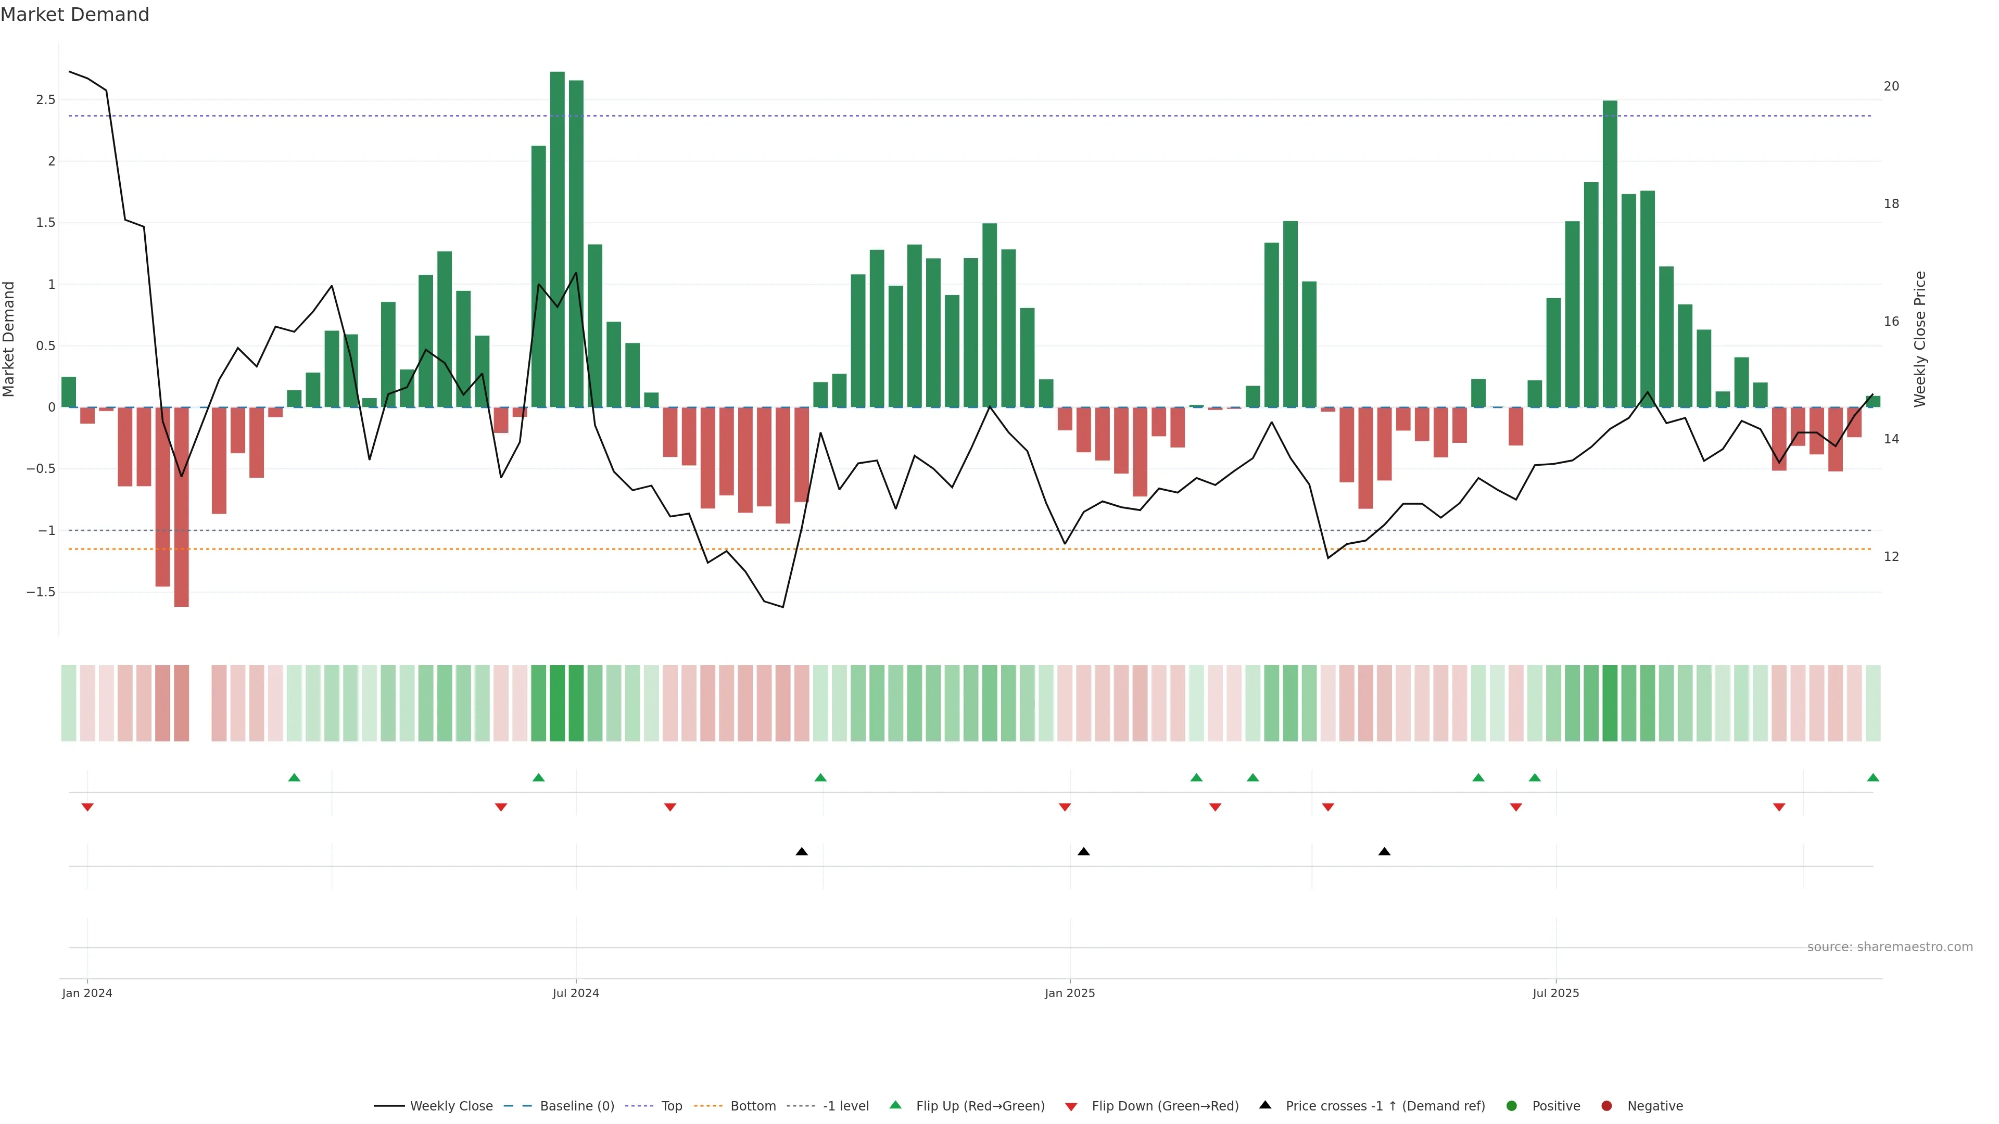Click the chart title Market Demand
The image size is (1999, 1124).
click(74, 15)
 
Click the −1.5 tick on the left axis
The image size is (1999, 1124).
click(41, 592)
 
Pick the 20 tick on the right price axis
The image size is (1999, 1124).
click(1891, 86)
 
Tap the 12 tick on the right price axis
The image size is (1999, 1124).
click(1891, 556)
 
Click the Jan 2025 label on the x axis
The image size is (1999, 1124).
click(1069, 993)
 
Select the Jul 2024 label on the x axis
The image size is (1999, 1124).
click(576, 993)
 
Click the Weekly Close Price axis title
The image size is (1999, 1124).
click(1920, 339)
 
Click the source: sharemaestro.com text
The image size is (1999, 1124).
click(1890, 947)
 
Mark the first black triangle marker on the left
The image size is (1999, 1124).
click(802, 852)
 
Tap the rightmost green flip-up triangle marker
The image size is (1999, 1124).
click(1873, 777)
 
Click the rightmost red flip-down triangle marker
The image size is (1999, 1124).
click(1779, 808)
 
